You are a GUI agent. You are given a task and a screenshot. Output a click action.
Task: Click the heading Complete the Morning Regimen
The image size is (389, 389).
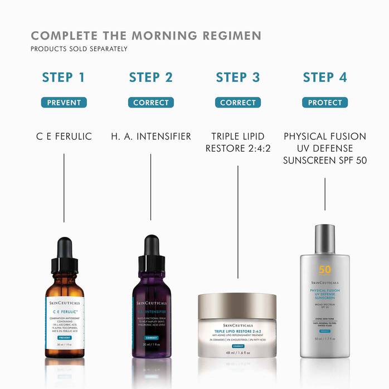[146, 36]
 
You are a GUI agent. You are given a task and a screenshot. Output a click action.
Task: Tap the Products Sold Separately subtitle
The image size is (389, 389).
[79, 49]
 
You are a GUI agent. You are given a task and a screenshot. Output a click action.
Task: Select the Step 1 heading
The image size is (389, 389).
[64, 77]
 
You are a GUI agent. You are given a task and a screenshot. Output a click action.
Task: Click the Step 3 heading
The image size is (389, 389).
[238, 77]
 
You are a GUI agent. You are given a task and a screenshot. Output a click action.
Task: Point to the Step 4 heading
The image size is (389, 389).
[325, 77]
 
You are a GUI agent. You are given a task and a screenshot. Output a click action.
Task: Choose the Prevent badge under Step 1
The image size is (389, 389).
[64, 103]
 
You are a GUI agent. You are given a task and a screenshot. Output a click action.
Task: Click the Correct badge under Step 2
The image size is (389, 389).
[151, 103]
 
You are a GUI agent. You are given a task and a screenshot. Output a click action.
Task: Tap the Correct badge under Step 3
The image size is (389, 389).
[238, 103]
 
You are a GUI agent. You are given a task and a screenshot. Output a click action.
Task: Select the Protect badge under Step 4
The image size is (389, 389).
[325, 103]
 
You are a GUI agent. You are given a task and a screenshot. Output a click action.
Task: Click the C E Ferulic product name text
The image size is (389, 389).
[64, 137]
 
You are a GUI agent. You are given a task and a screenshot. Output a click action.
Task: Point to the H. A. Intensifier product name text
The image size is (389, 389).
[151, 137]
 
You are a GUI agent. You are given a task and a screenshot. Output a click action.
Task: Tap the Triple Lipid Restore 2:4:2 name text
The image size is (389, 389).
[238, 143]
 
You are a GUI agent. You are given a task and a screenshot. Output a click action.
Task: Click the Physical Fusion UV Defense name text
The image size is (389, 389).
[325, 148]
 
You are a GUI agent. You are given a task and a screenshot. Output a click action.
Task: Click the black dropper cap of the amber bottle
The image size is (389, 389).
[65, 254]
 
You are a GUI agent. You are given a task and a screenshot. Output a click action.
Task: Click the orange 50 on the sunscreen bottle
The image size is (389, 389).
[325, 270]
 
